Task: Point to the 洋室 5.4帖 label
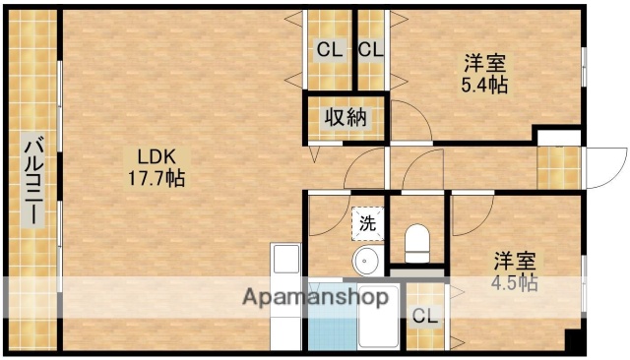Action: (485, 74)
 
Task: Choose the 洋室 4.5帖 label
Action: (515, 271)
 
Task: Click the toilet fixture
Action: (417, 240)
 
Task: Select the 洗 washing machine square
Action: (367, 223)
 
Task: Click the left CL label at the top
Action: (329, 49)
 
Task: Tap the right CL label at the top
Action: (370, 49)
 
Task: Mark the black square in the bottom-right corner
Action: (573, 340)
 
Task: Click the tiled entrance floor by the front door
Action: (558, 168)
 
